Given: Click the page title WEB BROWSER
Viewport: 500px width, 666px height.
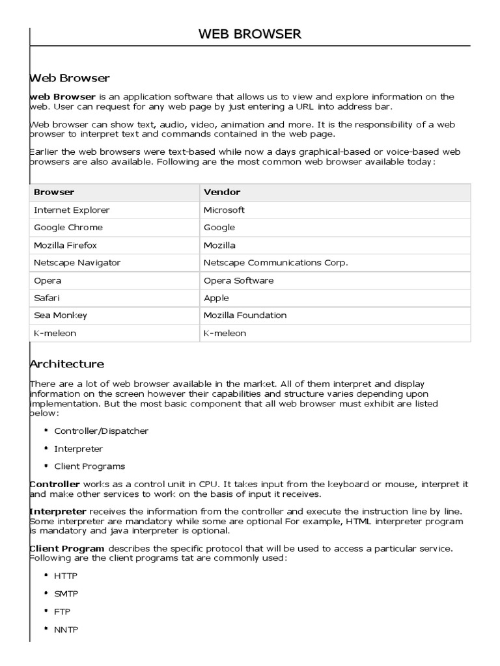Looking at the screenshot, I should point(250,34).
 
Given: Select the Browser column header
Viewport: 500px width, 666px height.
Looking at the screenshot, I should point(54,192).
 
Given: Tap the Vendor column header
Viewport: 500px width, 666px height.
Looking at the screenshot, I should point(222,192).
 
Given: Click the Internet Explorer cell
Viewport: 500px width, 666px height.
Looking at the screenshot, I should point(72,210).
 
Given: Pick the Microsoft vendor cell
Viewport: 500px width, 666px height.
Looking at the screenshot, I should point(224,210).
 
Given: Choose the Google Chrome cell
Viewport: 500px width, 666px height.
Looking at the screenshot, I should point(68,228).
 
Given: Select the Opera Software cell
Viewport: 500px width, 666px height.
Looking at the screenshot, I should point(238,280).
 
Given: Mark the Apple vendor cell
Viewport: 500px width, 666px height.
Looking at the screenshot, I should point(216,298).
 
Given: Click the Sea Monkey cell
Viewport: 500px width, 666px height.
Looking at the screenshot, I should point(61,315).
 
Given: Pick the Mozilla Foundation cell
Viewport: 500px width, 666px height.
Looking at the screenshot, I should point(245,315).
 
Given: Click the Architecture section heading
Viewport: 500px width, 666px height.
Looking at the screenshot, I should point(67,364).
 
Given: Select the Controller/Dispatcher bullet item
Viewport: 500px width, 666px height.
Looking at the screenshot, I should point(102,431).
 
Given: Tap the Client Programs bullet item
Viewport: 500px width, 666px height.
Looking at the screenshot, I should point(90,466).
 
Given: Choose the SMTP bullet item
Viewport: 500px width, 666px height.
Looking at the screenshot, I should point(66,594).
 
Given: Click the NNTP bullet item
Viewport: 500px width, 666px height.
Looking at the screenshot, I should point(66,630).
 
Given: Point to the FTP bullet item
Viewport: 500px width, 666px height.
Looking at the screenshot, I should point(62,612).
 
